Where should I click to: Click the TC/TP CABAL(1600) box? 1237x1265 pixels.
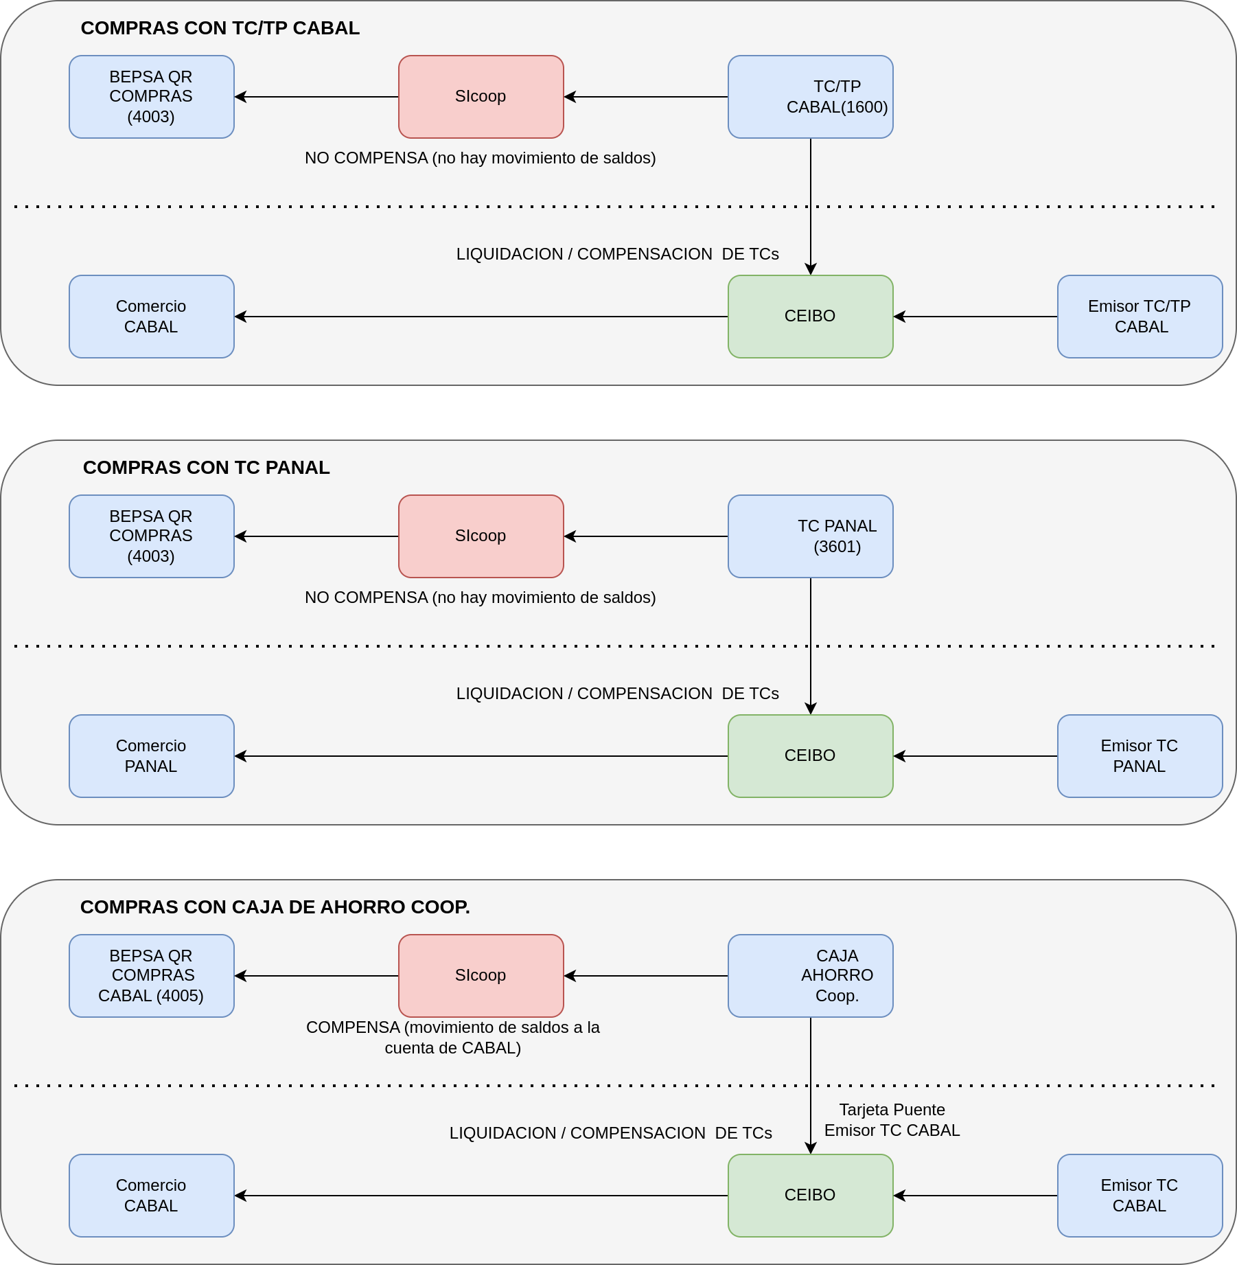coord(810,97)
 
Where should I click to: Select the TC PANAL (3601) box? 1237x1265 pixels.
coord(810,536)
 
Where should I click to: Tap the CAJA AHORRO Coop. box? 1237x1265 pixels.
coord(810,976)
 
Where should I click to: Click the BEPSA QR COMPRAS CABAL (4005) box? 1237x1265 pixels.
coord(152,976)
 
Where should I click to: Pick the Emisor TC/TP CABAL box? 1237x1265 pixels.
coord(1140,317)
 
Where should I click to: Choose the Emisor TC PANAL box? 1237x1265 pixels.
coord(1140,756)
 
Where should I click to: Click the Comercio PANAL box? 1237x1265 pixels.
coord(152,756)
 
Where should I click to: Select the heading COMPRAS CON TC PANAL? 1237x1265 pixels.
coord(207,468)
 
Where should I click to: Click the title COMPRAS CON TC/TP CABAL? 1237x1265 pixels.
coord(220,28)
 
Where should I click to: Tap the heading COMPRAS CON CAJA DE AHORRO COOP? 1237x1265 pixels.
coord(275,907)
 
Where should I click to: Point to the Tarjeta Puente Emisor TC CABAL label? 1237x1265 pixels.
coord(892,1120)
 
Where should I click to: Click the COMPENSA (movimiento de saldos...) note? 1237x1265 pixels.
coord(453,1038)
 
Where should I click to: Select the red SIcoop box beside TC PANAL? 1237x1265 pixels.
coord(481,536)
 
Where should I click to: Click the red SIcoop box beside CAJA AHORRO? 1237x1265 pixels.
coord(481,976)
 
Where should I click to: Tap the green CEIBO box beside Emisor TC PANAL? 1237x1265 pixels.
coord(810,756)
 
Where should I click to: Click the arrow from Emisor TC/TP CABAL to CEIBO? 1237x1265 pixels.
coord(975,317)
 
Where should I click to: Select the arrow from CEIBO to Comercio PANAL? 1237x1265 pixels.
coord(481,756)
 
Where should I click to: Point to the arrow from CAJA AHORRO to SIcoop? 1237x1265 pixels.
coord(646,976)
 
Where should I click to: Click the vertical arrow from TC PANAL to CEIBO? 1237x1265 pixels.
coord(811,646)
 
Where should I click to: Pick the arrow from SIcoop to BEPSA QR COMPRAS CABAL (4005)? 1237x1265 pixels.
coord(316,976)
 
